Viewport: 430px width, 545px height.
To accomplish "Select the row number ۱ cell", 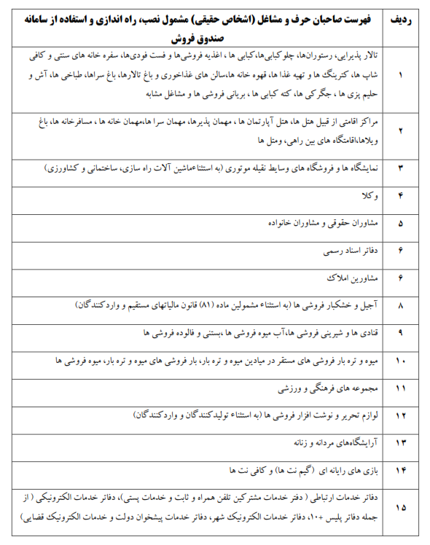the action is pyautogui.click(x=399, y=76).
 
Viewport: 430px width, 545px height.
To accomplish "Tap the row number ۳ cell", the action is pyautogui.click(x=399, y=168).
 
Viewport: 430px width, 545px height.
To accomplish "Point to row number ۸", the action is pyautogui.click(x=399, y=306).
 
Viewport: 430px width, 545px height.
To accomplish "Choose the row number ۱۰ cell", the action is pyautogui.click(x=399, y=361).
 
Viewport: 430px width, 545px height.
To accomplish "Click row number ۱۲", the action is pyautogui.click(x=399, y=415).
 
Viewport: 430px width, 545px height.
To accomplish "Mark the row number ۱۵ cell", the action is pyautogui.click(x=399, y=508).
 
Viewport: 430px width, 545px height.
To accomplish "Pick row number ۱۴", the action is pyautogui.click(x=399, y=470).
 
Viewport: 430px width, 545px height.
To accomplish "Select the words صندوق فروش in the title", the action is pyautogui.click(x=196, y=37).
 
